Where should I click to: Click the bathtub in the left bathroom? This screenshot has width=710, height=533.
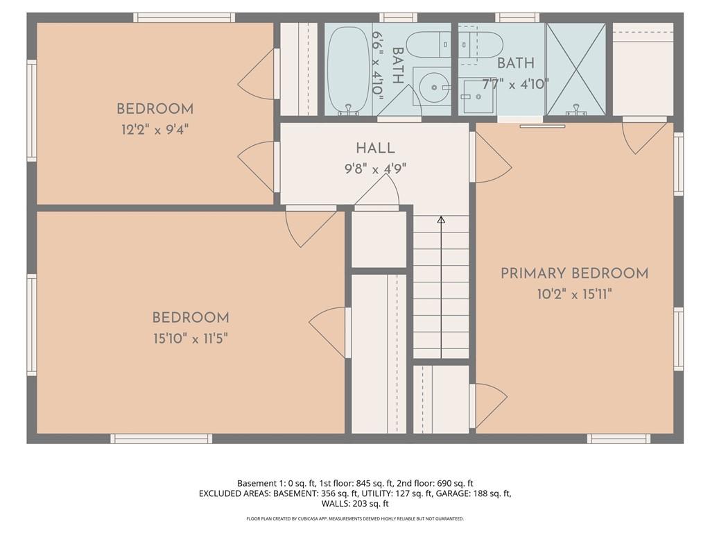(347, 69)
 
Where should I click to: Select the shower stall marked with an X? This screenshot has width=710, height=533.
(576, 69)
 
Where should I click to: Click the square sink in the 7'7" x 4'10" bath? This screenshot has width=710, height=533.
(477, 96)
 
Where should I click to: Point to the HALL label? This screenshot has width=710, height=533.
(375, 149)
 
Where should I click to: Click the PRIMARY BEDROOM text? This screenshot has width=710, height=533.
(574, 273)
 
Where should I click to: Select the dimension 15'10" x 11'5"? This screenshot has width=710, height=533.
(191, 338)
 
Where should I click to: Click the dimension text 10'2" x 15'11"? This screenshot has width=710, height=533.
(574, 294)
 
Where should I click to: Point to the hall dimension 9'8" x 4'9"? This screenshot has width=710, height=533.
(375, 168)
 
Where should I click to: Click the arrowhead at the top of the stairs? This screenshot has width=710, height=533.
(441, 220)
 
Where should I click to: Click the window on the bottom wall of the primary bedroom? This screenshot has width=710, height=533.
(618, 439)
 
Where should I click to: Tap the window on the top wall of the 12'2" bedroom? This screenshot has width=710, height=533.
(184, 17)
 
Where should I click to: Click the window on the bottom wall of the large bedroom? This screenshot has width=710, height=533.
(162, 439)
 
